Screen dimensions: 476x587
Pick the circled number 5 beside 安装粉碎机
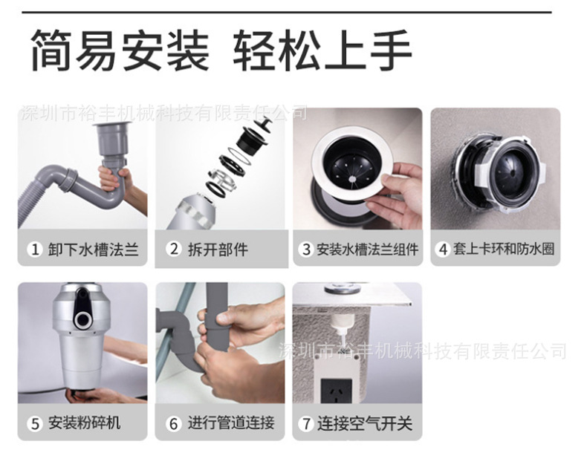(34, 424)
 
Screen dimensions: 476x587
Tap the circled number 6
(174, 424)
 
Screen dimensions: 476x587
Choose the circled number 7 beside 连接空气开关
(305, 424)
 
